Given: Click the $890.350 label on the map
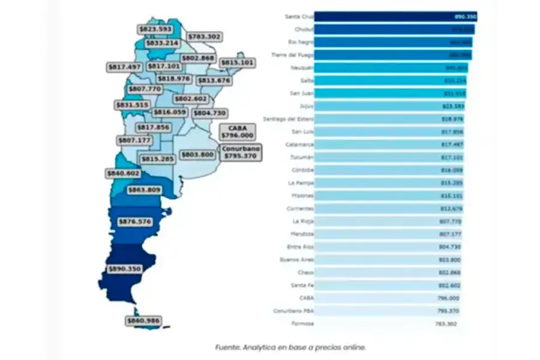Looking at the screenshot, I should [125, 269].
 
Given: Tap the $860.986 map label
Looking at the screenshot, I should [143, 321].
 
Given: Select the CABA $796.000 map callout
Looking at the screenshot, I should [238, 132].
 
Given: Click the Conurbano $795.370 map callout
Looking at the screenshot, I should [239, 152].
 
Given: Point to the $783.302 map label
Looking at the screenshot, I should [205, 37].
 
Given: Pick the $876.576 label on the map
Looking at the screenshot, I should [136, 222].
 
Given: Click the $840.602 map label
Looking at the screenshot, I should [123, 173].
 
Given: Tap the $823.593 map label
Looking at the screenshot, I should [155, 29].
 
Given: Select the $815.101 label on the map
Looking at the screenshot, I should [237, 62].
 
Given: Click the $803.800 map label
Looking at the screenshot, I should [197, 155].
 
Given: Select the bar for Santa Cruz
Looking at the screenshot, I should [395, 16].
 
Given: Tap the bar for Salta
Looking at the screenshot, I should [391, 80].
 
